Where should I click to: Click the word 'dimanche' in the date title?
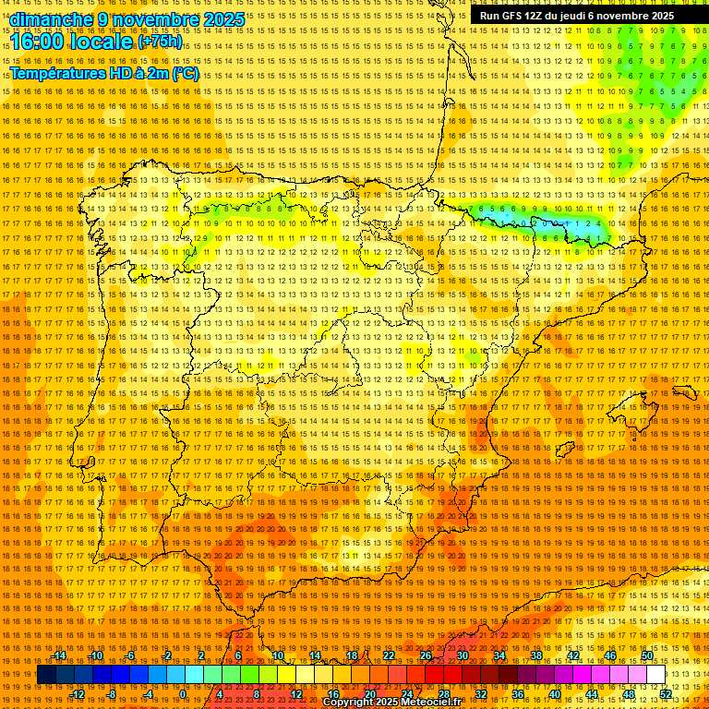pyautogui.click(x=52, y=19)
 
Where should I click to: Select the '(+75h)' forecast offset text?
pyautogui.click(x=160, y=42)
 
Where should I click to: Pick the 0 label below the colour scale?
pyautogui.click(x=183, y=694)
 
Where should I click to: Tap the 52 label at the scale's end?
pyautogui.click(x=666, y=694)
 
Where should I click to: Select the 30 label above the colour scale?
pyautogui.click(x=462, y=655)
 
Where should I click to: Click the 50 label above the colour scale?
pyautogui.click(x=647, y=655)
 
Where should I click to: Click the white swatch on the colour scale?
pyautogui.click(x=656, y=675)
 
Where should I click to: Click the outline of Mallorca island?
pyautogui.click(x=688, y=395)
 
